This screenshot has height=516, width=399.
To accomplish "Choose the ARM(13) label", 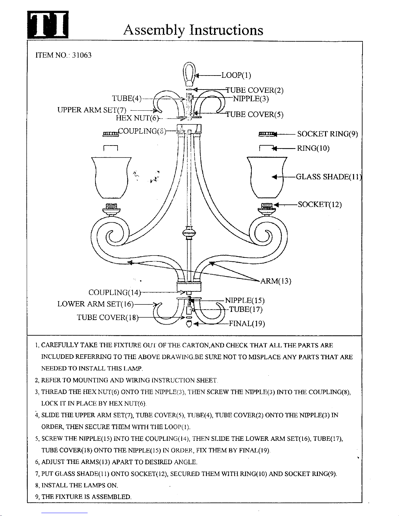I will (x=276, y=281).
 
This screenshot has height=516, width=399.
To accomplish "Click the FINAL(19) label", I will (x=247, y=324).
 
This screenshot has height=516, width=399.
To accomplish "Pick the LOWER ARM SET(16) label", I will (x=95, y=304).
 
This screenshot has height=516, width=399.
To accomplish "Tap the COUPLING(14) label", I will (x=114, y=292).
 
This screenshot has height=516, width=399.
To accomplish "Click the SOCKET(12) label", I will (x=320, y=204).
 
